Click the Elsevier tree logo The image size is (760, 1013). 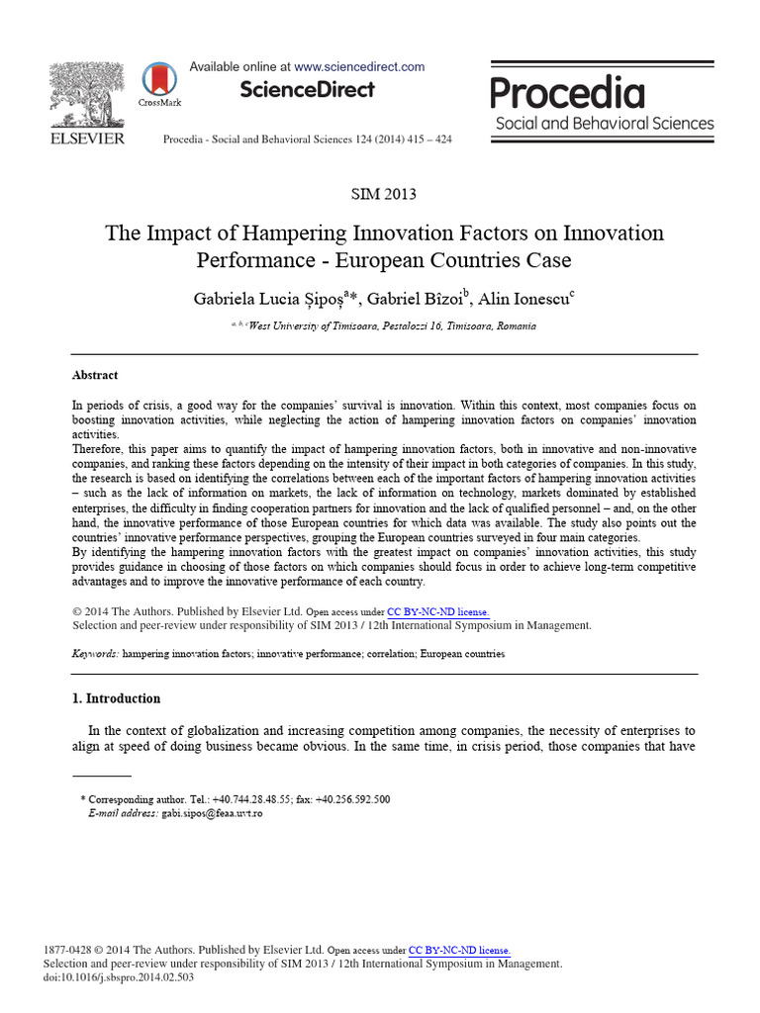(87, 94)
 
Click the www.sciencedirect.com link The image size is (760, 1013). (359, 67)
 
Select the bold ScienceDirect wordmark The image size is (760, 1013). (308, 90)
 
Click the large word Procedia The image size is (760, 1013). (568, 93)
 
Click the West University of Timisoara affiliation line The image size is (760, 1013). (390, 326)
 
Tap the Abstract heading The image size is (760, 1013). (95, 376)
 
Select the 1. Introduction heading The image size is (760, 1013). (117, 698)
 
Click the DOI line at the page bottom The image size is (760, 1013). (119, 977)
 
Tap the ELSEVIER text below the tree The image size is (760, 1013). (87, 138)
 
